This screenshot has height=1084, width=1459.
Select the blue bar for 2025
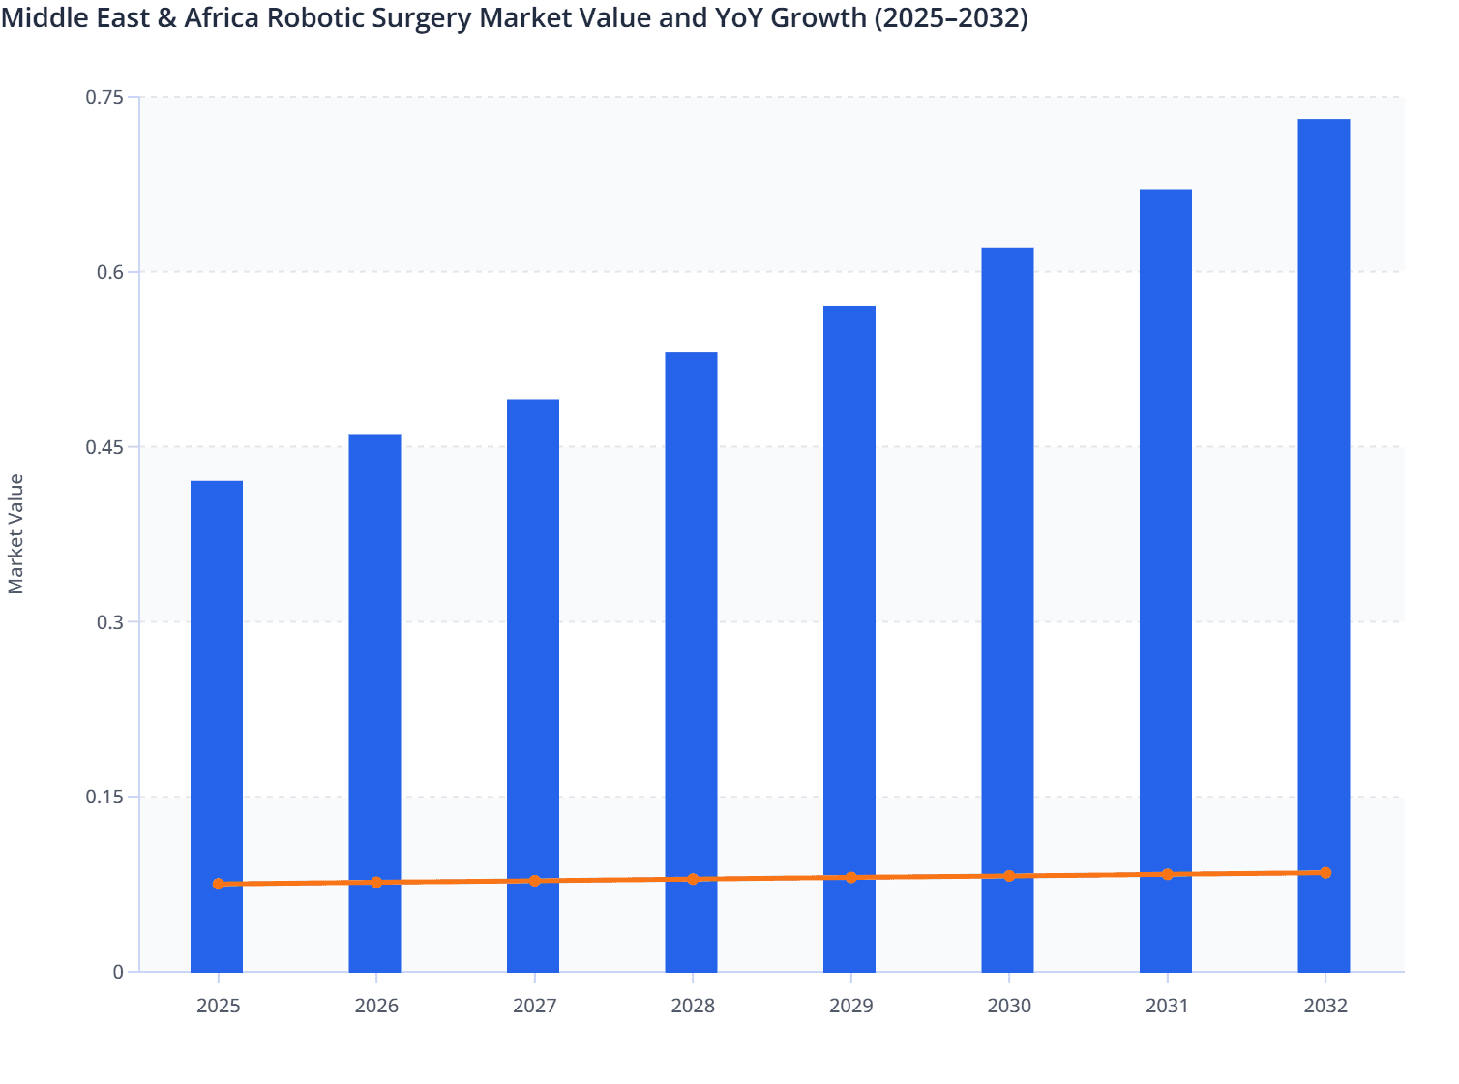217,677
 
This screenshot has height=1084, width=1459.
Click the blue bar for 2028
692,619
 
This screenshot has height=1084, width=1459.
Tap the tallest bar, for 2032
1324,484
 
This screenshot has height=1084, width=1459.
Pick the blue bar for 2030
1007,561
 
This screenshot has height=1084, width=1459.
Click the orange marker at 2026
376,883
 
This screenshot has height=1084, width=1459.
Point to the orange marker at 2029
851,878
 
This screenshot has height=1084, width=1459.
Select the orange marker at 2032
1325,873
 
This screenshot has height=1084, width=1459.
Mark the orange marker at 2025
219,885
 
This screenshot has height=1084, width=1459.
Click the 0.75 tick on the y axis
104,97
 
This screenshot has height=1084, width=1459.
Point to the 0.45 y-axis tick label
104,447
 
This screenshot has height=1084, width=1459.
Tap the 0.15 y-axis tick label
104,798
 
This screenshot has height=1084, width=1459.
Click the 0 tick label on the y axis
118,972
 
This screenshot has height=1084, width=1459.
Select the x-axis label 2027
534,1007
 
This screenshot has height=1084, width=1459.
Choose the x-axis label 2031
1167,1007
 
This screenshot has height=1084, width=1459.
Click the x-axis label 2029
850,1007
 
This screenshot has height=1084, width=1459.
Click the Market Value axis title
16,533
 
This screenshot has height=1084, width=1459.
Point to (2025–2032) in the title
950,17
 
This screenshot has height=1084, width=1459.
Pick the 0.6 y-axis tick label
109,272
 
